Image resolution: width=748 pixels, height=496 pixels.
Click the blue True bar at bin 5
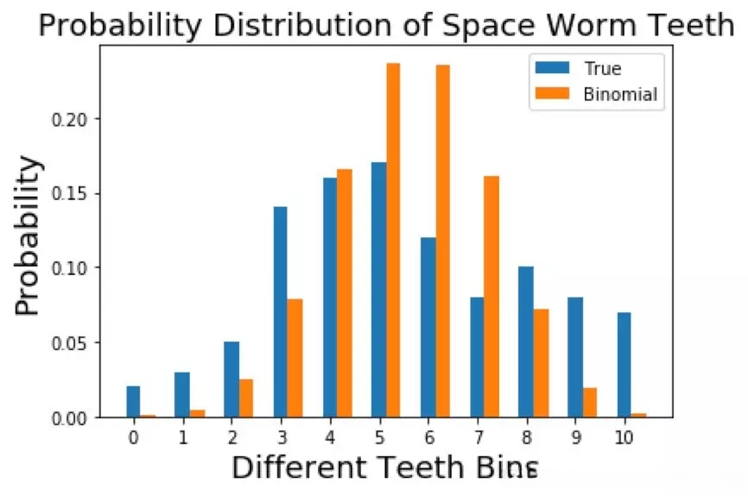[x=378, y=290]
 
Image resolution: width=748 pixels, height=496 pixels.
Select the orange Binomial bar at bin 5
[x=393, y=241]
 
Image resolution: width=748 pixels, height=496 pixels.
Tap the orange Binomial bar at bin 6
[x=442, y=241]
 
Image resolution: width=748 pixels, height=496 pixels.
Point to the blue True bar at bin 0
[x=133, y=402]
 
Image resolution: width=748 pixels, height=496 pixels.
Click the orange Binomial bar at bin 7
[x=491, y=297]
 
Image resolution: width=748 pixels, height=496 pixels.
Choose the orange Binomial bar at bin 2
[x=246, y=398]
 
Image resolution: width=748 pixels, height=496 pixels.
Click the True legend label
[x=602, y=69]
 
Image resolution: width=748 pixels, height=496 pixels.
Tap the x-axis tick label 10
[x=624, y=437]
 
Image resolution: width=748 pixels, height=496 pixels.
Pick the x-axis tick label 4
[x=330, y=437]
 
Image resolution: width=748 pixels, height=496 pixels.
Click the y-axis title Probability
[x=29, y=235]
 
